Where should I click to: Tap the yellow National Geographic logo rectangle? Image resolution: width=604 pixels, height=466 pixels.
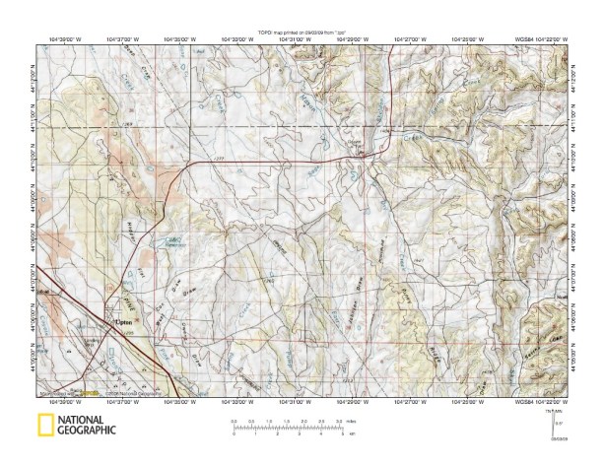[x=45, y=426]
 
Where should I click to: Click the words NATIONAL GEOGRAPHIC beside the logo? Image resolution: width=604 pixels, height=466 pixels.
[x=86, y=426]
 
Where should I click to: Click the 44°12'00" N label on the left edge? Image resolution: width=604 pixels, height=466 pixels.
[x=36, y=76]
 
